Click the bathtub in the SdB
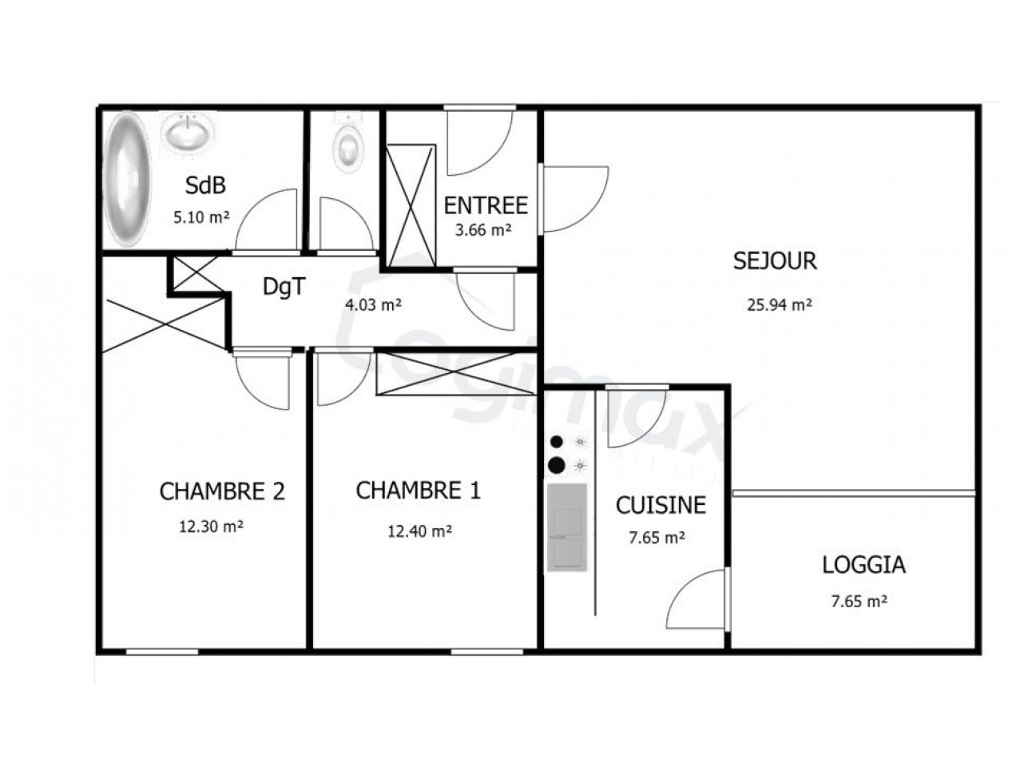tap(127, 179)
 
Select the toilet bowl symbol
tap(348, 146)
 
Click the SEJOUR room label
tap(775, 260)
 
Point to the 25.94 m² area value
tap(774, 304)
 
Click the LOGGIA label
tap(863, 565)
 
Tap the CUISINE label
tap(661, 505)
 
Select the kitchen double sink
tap(566, 528)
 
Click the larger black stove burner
tap(558, 464)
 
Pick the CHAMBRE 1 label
tap(418, 490)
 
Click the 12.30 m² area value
tap(212, 527)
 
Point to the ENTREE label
tap(486, 205)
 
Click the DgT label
tap(284, 287)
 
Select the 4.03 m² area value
tap(372, 304)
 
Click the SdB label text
tap(205, 185)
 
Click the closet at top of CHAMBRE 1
tap(456, 372)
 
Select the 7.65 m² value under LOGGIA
tap(859, 601)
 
